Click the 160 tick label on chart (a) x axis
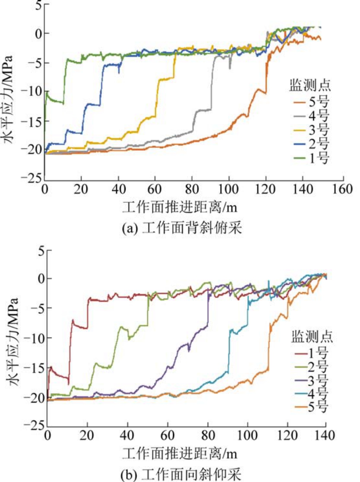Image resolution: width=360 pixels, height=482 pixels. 344,189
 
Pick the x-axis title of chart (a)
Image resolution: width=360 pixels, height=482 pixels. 180,208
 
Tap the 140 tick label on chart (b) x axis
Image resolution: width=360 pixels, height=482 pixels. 325,435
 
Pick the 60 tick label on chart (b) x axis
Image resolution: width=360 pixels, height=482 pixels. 167,435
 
